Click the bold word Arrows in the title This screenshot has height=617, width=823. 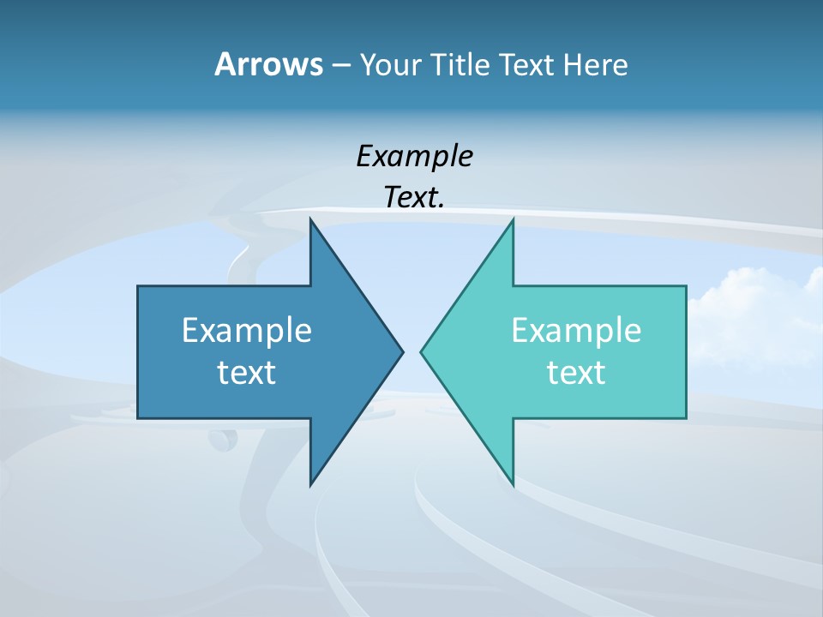tap(267, 64)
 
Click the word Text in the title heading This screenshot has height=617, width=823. tap(526, 64)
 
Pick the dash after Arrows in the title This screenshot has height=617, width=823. tap(340, 65)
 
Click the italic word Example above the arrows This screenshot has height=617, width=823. tap(414, 156)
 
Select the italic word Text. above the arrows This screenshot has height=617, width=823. tap(414, 197)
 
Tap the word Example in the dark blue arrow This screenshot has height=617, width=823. tap(246, 330)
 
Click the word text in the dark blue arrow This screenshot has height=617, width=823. tap(246, 372)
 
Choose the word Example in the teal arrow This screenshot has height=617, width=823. tap(576, 330)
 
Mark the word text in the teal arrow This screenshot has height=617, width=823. tap(576, 372)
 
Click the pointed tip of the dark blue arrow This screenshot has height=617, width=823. tap(401, 350)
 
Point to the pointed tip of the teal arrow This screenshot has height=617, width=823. tap(423, 350)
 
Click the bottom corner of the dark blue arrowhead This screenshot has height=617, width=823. tap(311, 483)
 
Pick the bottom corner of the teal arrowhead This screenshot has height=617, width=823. tap(512, 483)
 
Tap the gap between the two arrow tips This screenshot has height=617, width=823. tap(412, 350)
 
